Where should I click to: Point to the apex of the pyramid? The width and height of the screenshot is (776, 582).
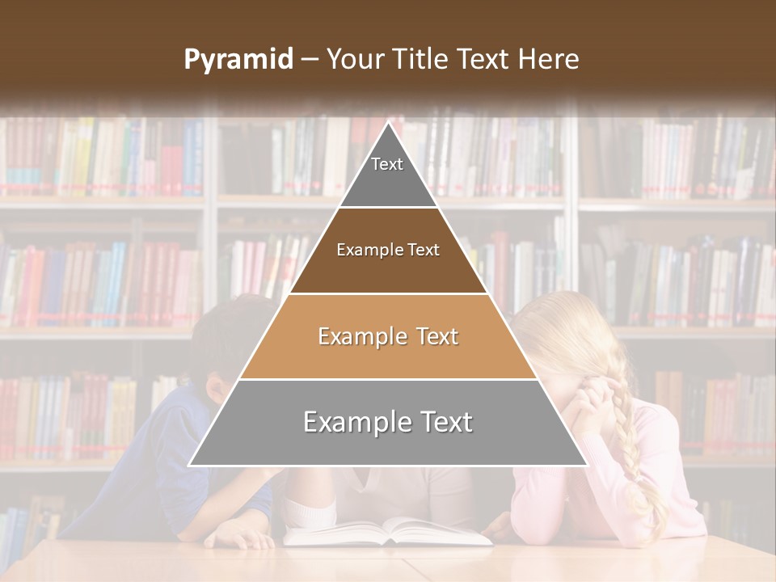[388, 122]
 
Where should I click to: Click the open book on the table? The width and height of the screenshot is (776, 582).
[388, 532]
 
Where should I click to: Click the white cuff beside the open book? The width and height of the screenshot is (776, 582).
[311, 513]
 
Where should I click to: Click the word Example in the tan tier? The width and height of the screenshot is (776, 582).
[352, 336]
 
